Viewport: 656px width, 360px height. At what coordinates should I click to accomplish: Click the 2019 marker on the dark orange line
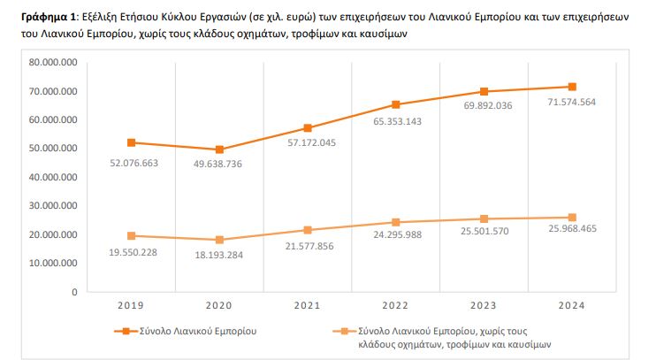[x=132, y=142]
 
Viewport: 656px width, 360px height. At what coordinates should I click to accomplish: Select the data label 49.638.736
[x=217, y=165]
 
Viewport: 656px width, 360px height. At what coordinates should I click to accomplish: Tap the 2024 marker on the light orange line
[x=572, y=218]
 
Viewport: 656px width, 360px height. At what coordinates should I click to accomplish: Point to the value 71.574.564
[x=571, y=102]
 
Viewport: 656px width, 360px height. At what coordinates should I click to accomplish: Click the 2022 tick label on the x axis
[x=395, y=305]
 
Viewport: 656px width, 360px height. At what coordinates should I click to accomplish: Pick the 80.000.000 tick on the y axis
[x=53, y=63]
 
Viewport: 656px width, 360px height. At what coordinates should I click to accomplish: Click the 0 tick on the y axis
[x=74, y=292]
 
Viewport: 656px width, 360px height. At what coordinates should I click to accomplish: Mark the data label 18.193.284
[x=218, y=255]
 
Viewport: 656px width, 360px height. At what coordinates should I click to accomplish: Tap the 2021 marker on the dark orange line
[x=308, y=128]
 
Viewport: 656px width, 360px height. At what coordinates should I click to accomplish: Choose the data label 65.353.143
[x=398, y=122]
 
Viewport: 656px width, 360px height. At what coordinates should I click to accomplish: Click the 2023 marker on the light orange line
[x=484, y=219]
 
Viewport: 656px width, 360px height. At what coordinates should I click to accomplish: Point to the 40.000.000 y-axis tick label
[x=53, y=177]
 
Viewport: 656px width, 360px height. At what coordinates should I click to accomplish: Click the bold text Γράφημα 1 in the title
[x=49, y=17]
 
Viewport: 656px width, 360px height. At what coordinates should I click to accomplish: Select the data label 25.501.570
[x=484, y=231]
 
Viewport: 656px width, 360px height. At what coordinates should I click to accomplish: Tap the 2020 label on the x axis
[x=218, y=305]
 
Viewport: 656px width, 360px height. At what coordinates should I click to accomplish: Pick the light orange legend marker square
[x=344, y=331]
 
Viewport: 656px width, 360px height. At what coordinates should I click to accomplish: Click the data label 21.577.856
[x=309, y=246]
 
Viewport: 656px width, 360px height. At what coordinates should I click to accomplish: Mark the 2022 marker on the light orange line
[x=396, y=222]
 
